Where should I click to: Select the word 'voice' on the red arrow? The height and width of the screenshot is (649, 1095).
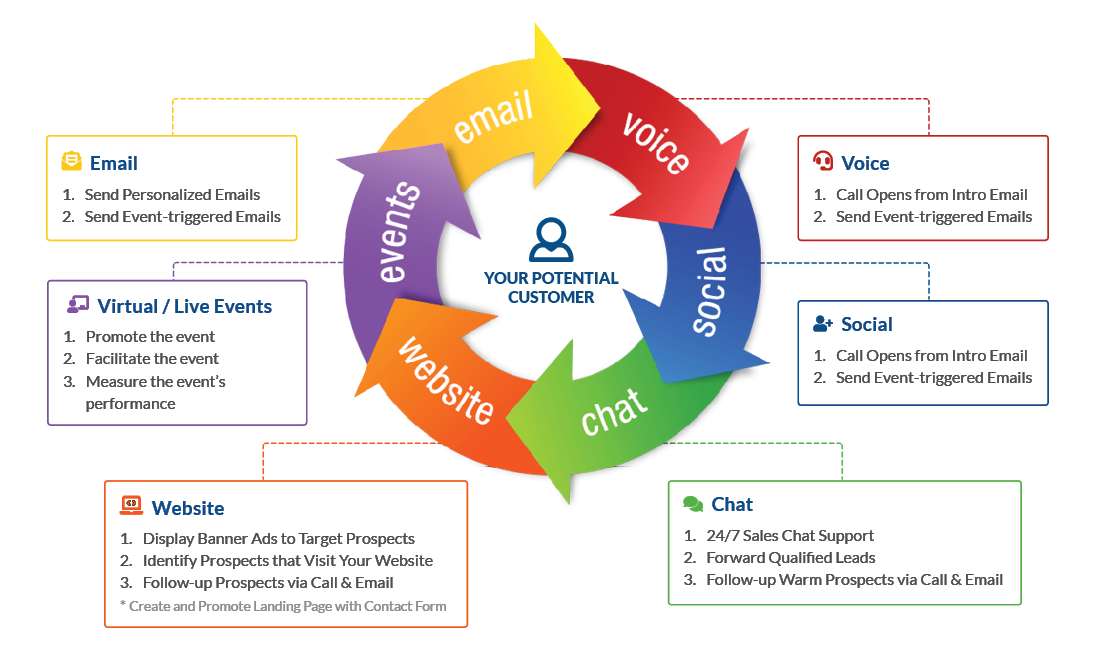pyautogui.click(x=656, y=142)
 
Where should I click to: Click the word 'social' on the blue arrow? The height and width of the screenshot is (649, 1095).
pyautogui.click(x=708, y=290)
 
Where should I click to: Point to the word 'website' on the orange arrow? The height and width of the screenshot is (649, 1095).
pyautogui.click(x=446, y=380)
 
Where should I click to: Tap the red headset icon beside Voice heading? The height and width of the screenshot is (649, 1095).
pyautogui.click(x=823, y=162)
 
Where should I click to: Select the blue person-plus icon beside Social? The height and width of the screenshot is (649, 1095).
pyautogui.click(x=823, y=324)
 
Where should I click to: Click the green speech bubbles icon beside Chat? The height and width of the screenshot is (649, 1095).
pyautogui.click(x=693, y=504)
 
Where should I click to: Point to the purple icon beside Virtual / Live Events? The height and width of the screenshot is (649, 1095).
pyautogui.click(x=78, y=306)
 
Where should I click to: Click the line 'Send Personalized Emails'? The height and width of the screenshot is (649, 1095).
pyautogui.click(x=172, y=195)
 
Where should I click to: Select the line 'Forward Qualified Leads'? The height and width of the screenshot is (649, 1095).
pyautogui.click(x=790, y=558)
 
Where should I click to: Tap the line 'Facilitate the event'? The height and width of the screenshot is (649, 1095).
pyautogui.click(x=152, y=359)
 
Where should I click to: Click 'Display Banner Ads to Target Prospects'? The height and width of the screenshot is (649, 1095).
pyautogui.click(x=278, y=538)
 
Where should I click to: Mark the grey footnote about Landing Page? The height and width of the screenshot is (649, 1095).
pyautogui.click(x=282, y=606)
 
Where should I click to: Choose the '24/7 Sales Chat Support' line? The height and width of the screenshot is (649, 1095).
pyautogui.click(x=790, y=536)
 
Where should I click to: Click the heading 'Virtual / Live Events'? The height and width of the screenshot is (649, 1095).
pyautogui.click(x=185, y=307)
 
